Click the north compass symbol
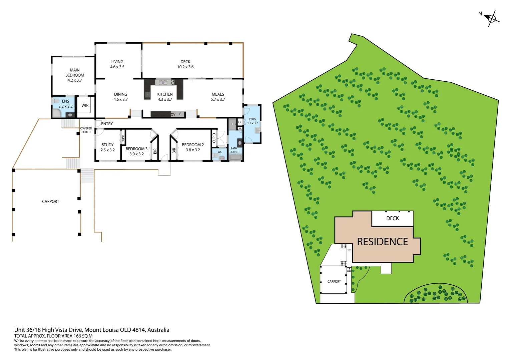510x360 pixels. (x=492, y=18)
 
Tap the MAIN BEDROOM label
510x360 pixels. (x=75, y=75)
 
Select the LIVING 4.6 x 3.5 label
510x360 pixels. (x=117, y=64)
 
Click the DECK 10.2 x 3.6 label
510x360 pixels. (x=185, y=64)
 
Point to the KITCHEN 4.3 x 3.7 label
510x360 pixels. (x=165, y=97)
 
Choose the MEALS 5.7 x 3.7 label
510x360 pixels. (x=218, y=97)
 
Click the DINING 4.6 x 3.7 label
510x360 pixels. (x=120, y=97)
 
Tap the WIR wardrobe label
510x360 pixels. (x=85, y=105)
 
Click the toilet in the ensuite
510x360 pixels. (x=56, y=101)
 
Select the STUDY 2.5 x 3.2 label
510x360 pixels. (x=107, y=147)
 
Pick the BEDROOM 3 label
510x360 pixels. (x=136, y=151)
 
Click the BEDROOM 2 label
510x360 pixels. (x=193, y=147)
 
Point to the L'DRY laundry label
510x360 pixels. (x=252, y=121)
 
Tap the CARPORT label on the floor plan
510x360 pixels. (x=50, y=201)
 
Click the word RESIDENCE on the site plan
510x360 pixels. (x=382, y=242)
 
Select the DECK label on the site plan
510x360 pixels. (x=392, y=218)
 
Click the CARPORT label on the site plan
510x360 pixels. (x=334, y=282)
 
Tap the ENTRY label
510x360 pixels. (x=107, y=124)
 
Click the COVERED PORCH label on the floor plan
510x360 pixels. (x=86, y=130)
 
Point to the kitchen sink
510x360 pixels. (x=163, y=82)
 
